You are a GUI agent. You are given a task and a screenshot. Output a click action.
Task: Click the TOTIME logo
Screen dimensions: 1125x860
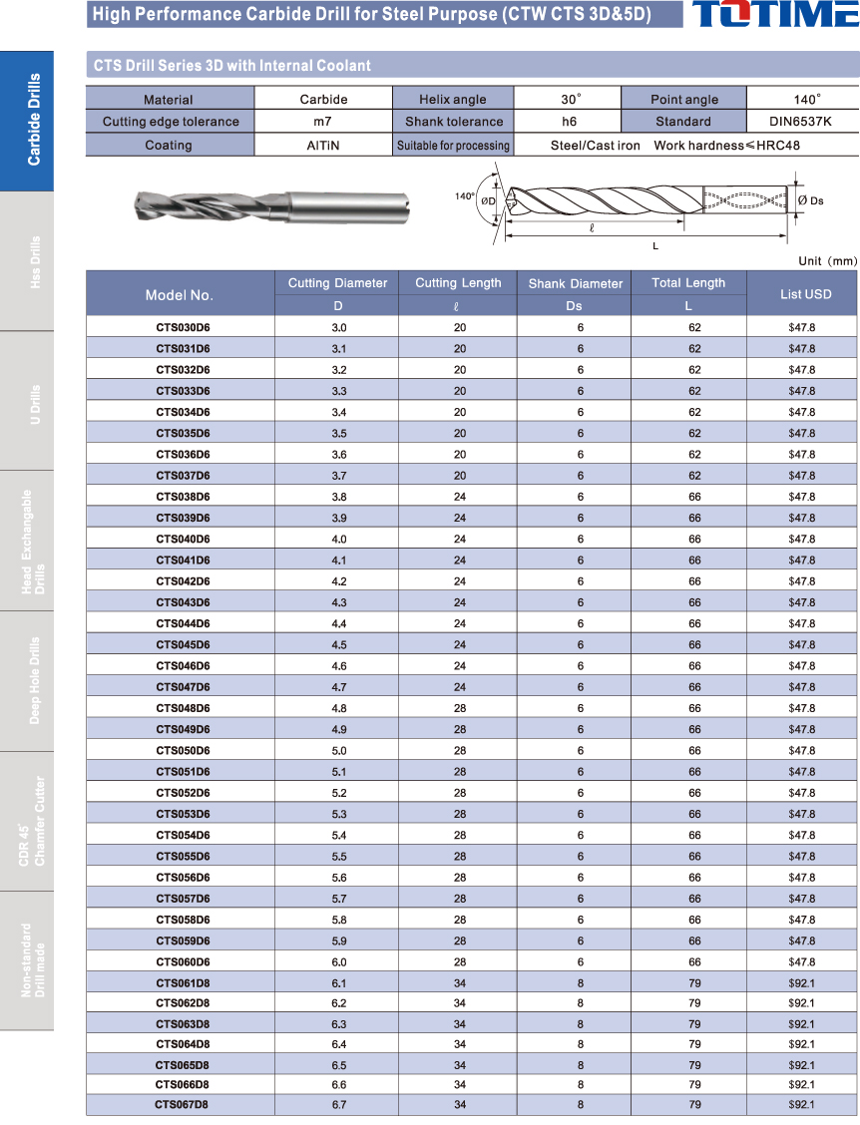(772, 14)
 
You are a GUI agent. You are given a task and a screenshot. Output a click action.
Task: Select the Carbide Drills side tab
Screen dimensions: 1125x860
(26, 120)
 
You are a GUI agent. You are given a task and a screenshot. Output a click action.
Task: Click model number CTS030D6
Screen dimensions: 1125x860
(183, 327)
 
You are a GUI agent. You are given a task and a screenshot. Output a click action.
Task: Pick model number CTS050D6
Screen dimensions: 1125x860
(183, 750)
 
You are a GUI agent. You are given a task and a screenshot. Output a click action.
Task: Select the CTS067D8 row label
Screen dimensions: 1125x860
(182, 1104)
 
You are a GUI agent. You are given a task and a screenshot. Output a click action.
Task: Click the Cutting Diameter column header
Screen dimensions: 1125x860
(337, 283)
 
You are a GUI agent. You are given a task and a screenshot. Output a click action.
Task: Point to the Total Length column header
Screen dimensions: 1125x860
(688, 283)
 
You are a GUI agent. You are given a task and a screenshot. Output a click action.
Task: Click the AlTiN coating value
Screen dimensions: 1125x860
(323, 145)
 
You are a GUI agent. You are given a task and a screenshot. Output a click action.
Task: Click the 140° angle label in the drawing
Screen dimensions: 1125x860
(465, 196)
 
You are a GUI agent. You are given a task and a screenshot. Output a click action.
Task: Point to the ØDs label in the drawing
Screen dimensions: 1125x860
(810, 200)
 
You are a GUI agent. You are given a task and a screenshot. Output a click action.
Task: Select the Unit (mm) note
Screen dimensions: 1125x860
(827, 261)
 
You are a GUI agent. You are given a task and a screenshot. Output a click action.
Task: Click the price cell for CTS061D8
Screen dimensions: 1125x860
(801, 983)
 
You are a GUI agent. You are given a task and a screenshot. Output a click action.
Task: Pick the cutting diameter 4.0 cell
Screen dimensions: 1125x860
(338, 539)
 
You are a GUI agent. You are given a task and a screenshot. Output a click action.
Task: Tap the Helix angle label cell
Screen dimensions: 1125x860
(453, 99)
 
